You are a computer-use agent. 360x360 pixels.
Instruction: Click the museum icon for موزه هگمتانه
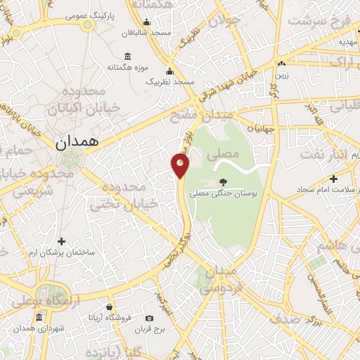(x=127, y=56)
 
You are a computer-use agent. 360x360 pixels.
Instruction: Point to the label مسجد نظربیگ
(x=169, y=82)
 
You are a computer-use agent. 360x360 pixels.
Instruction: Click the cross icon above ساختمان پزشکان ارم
(x=61, y=241)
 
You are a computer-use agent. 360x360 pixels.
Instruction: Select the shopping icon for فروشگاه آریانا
(x=110, y=307)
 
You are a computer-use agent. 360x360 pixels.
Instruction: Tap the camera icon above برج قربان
(x=150, y=318)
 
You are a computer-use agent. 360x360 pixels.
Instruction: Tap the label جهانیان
(x=259, y=129)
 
